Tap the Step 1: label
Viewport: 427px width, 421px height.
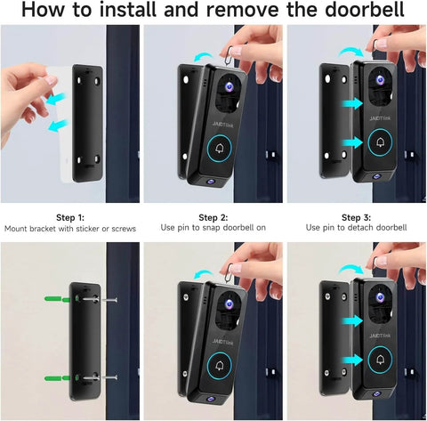tap(70, 217)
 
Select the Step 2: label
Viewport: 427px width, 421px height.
tap(213, 217)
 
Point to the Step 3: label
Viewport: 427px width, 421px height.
tap(355, 217)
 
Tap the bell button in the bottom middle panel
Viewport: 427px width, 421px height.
tap(220, 365)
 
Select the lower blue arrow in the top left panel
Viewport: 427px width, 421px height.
tap(60, 127)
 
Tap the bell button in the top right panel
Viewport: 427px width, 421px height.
tap(381, 142)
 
